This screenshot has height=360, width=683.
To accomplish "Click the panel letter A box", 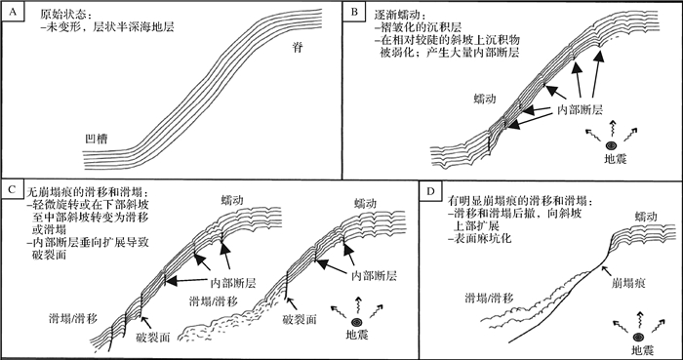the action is click(12, 13).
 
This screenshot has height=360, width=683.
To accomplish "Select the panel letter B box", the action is click(354, 13).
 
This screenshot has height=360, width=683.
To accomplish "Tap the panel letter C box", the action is click(12, 189).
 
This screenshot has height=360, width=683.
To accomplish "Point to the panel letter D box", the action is click(430, 192).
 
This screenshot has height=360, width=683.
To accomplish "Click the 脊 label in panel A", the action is click(297, 48).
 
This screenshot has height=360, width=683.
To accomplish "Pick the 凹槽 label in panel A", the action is click(97, 140).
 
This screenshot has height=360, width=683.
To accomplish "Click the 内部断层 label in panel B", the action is click(580, 109).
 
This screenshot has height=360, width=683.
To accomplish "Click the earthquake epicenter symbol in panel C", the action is click(358, 322).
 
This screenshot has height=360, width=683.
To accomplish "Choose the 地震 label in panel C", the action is click(357, 336).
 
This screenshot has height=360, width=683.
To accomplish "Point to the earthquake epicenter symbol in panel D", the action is click(640, 337).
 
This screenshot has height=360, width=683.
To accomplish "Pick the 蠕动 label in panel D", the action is click(646, 217).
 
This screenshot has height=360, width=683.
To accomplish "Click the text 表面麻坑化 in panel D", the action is click(483, 239).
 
